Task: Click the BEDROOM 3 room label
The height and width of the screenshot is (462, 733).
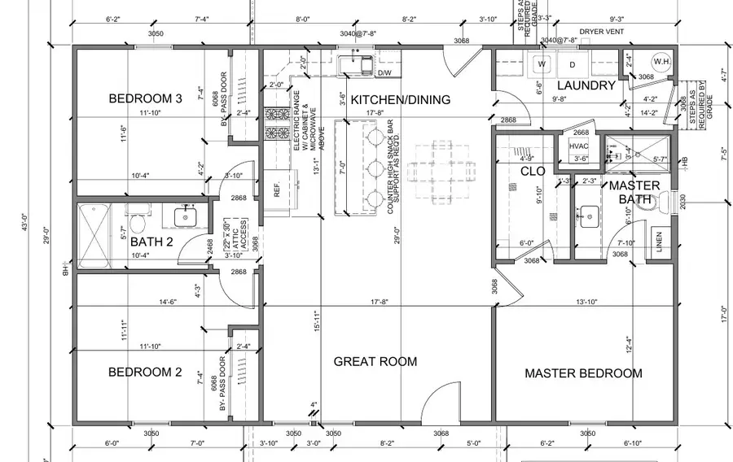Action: point(145,99)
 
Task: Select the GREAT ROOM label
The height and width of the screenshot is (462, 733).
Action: point(375,361)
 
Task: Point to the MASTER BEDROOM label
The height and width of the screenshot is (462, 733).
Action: point(583,373)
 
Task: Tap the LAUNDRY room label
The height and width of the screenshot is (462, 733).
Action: point(586,85)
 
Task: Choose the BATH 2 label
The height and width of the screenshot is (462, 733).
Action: point(153,242)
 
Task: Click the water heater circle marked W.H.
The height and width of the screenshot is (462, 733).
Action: point(662,62)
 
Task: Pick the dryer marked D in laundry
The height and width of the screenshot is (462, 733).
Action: point(573,63)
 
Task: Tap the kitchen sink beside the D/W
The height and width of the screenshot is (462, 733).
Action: point(356,63)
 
